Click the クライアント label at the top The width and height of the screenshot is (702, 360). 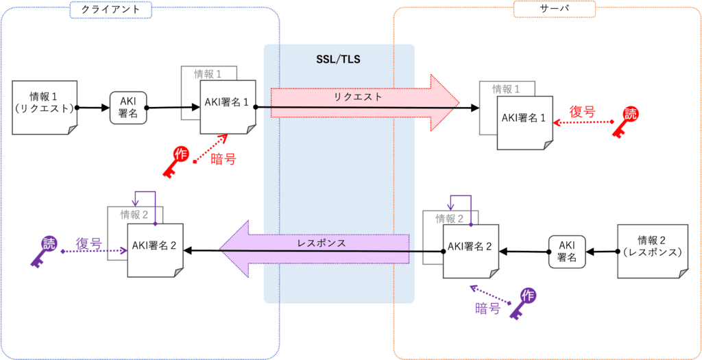tap(111, 9)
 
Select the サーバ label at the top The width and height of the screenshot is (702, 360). tap(555, 9)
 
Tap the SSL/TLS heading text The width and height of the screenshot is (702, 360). tap(339, 59)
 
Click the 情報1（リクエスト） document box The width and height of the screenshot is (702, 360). tap(44, 108)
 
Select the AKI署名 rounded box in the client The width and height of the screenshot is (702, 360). tap(128, 108)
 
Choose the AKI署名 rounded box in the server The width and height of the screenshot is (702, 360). tap(568, 252)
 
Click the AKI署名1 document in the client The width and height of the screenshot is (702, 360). tap(228, 108)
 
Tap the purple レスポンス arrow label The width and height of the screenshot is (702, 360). tap(322, 243)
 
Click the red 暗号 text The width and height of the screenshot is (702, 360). tap(223, 159)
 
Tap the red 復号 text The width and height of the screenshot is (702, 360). tap(583, 111)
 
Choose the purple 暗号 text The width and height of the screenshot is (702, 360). tap(487, 309)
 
